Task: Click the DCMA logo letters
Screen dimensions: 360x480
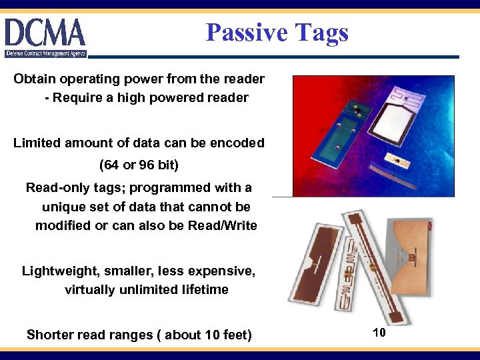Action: (x=45, y=33)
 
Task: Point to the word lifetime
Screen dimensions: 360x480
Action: (x=203, y=289)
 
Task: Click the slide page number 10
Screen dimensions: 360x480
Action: (x=379, y=332)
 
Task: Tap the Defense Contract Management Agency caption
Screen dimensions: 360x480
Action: (x=45, y=53)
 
